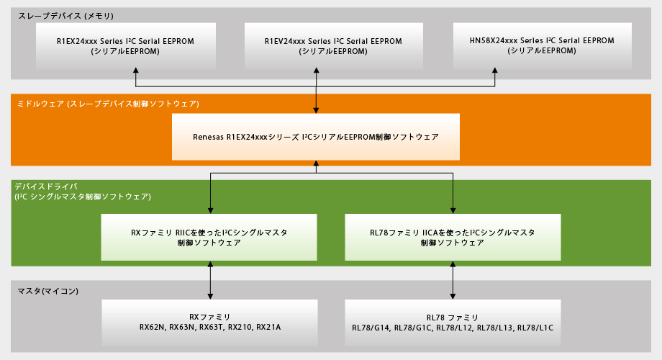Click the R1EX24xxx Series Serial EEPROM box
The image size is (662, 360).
click(x=125, y=45)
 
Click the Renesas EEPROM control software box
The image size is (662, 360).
click(x=316, y=136)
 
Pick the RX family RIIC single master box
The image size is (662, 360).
click(x=209, y=237)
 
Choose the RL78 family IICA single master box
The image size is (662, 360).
click(x=452, y=237)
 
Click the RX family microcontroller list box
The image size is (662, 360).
click(x=209, y=321)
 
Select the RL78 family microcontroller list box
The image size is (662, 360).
click(x=452, y=321)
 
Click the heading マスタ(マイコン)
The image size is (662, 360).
click(x=47, y=291)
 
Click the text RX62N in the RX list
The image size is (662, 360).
click(x=153, y=327)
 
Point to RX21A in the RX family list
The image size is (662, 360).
click(x=268, y=327)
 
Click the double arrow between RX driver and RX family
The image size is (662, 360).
click(x=209, y=280)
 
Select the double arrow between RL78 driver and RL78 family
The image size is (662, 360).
click(x=452, y=280)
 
